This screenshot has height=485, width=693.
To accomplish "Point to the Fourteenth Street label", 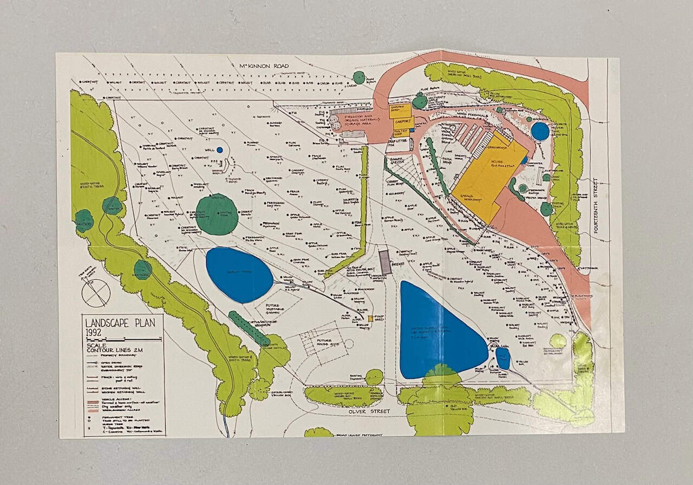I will (596, 206).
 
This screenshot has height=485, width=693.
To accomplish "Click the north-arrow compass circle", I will (96, 293).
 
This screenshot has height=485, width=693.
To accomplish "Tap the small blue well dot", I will (219, 150).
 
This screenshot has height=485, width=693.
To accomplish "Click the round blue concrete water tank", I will (540, 131).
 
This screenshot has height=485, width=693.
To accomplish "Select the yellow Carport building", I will (403, 121).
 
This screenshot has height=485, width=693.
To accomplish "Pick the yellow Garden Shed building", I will (400, 111).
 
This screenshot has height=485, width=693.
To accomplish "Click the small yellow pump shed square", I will (371, 319).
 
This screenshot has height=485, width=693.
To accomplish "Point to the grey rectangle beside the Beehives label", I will (384, 262).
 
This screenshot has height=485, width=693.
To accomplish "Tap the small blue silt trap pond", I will (503, 358).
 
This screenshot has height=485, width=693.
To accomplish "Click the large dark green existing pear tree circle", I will (217, 214).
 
